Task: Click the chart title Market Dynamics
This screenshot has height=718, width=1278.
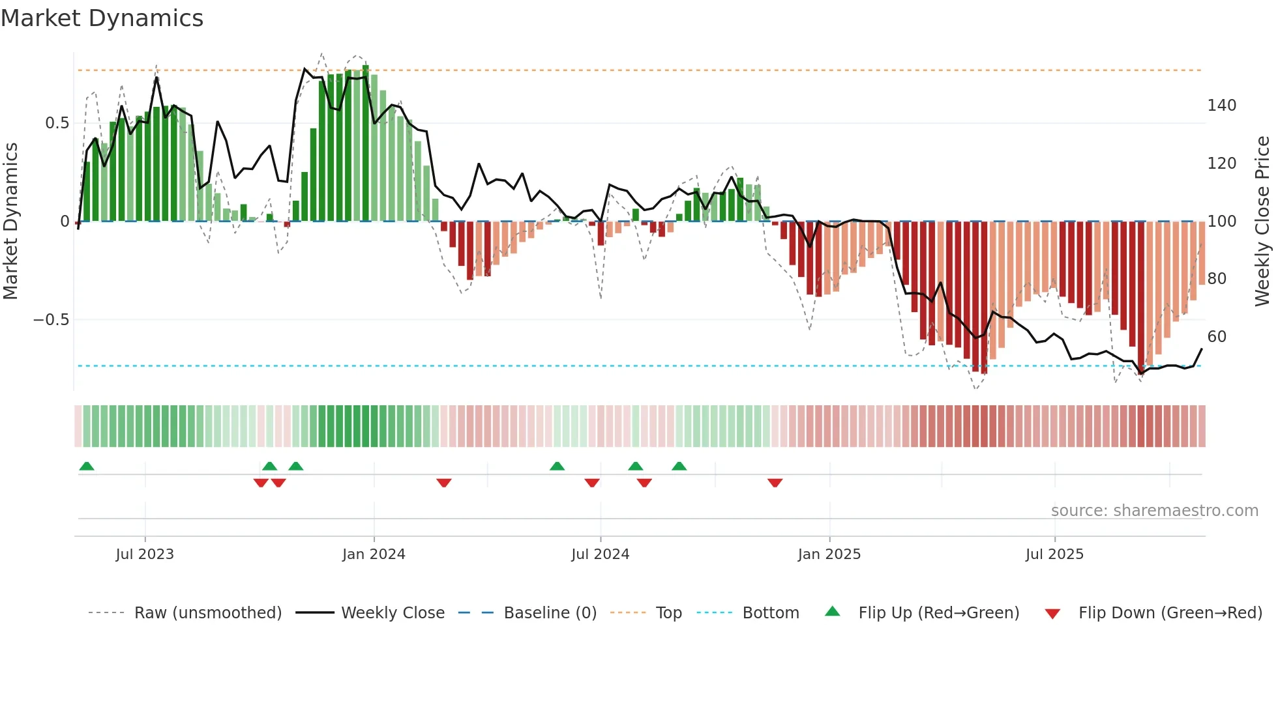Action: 102,18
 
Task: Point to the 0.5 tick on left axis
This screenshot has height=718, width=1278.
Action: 57,123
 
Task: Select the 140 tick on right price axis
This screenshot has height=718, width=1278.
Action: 1221,106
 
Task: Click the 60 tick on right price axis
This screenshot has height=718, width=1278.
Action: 1217,337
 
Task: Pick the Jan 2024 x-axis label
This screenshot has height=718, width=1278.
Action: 374,554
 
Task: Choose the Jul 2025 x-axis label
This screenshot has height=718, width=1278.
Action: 1054,554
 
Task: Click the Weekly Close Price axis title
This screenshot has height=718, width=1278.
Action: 1262,222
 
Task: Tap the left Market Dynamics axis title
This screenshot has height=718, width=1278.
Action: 10,222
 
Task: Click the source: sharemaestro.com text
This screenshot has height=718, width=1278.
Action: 1154,511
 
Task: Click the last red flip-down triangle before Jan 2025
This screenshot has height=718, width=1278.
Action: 775,483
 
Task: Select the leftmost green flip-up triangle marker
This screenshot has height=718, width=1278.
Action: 87,466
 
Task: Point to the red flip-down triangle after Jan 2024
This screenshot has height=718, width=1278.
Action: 444,483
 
